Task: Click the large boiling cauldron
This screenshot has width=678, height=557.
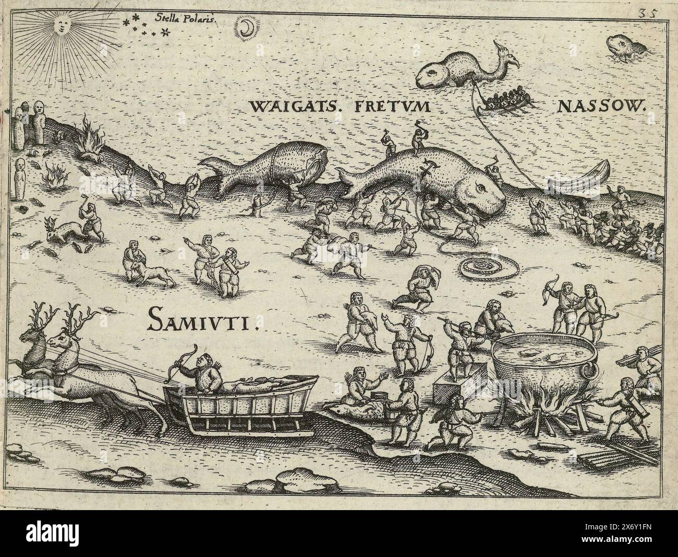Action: click(542, 365)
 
